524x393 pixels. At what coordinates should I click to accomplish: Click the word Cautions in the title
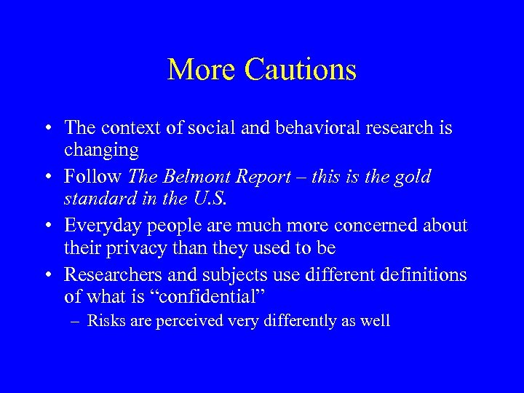[x=301, y=70]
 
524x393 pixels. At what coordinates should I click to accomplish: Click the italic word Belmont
[x=193, y=177]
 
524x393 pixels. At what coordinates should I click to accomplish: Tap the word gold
[x=413, y=177]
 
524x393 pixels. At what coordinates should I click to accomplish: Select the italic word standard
[x=97, y=198]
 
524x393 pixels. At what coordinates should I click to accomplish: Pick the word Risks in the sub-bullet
[x=106, y=320]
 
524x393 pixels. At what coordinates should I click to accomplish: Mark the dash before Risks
[x=76, y=321]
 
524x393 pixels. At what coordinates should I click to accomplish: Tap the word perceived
[x=190, y=321]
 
